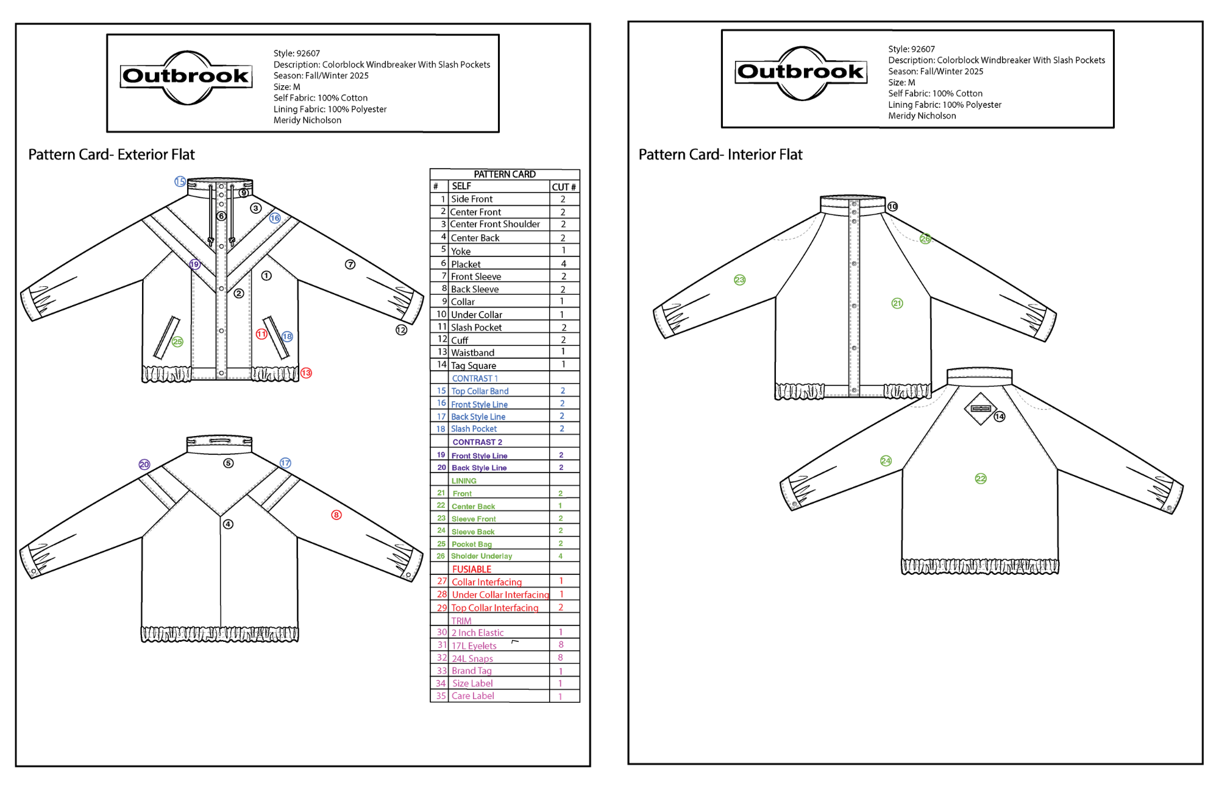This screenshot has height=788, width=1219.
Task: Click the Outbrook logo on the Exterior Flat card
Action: pyautogui.click(x=187, y=77)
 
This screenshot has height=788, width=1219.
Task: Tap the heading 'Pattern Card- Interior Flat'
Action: pyautogui.click(x=720, y=155)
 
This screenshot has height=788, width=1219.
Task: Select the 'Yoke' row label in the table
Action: pyautogui.click(x=461, y=251)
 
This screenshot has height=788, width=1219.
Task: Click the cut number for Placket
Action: pyautogui.click(x=563, y=264)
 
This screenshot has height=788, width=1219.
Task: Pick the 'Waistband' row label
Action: pyautogui.click(x=472, y=353)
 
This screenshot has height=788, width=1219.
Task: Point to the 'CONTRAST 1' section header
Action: pyautogui.click(x=475, y=378)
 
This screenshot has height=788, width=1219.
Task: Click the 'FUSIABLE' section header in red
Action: pyautogui.click(x=472, y=569)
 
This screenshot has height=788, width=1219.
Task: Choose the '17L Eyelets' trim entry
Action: pyautogui.click(x=474, y=646)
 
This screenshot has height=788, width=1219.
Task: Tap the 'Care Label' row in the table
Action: pyautogui.click(x=473, y=696)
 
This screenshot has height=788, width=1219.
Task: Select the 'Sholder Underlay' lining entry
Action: pyautogui.click(x=482, y=556)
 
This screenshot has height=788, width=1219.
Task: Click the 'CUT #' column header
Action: pyautogui.click(x=564, y=187)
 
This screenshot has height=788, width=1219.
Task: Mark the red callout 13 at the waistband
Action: pyautogui.click(x=306, y=373)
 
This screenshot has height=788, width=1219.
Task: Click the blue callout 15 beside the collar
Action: pyautogui.click(x=180, y=181)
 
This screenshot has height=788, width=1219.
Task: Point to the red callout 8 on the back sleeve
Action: pyautogui.click(x=336, y=515)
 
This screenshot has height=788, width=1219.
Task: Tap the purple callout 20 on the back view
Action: pyautogui.click(x=144, y=464)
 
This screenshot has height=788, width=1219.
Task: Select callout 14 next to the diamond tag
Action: pyautogui.click(x=1000, y=417)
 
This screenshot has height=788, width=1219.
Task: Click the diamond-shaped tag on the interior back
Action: pyautogui.click(x=980, y=408)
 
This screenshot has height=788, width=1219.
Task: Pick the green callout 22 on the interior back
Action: pyautogui.click(x=981, y=479)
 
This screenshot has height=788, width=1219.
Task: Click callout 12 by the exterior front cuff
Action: pyautogui.click(x=401, y=329)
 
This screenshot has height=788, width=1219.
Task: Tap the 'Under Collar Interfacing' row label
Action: pyautogui.click(x=500, y=595)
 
